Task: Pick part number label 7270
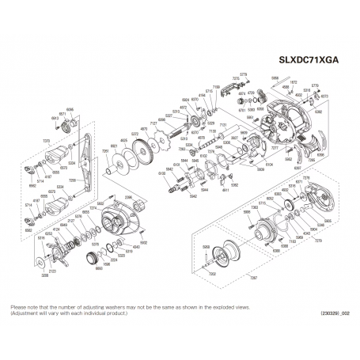coord(46,140)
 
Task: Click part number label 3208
coord(44,275)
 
